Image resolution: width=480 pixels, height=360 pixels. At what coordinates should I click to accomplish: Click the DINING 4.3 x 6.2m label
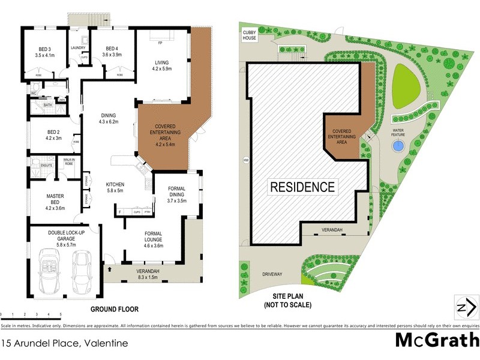point(109,118)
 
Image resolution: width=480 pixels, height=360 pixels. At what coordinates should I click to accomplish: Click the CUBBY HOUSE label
point(249,35)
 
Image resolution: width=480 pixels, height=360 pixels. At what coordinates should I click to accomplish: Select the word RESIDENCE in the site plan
point(302,187)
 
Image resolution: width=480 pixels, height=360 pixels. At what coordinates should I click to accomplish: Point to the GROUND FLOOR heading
point(114,310)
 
